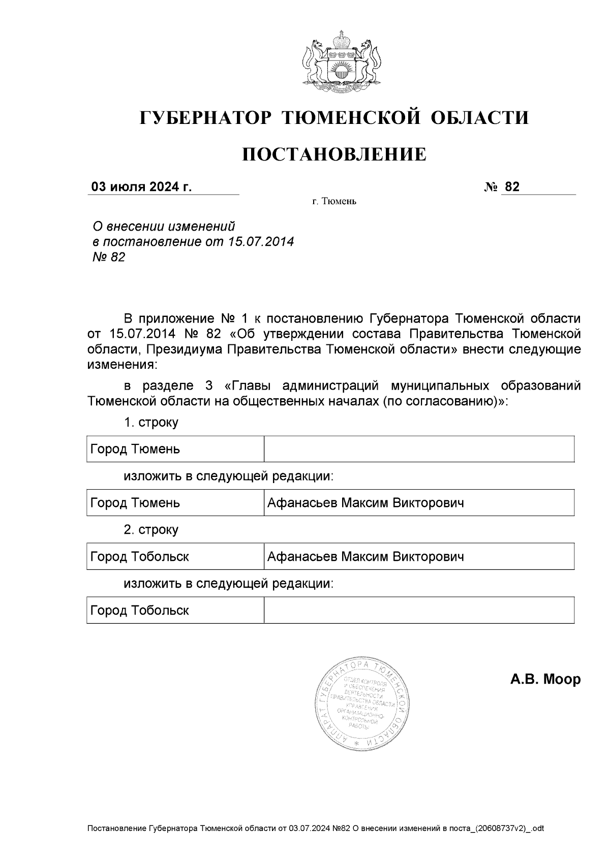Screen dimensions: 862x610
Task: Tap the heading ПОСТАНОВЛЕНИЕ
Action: tap(333, 154)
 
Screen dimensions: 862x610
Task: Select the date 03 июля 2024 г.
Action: tap(141, 187)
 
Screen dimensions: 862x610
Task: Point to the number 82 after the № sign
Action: tap(512, 187)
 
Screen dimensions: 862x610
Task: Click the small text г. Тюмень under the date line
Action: tap(334, 202)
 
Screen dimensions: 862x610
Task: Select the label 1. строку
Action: tap(151, 423)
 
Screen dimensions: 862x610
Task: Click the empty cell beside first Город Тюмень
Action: tap(418, 449)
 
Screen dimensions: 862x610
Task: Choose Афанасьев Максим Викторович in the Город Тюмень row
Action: tap(365, 503)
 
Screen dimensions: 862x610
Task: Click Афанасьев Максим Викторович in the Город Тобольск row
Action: tap(365, 557)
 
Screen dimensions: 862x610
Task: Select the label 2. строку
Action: tap(151, 530)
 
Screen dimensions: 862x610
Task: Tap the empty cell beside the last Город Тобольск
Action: tap(418, 610)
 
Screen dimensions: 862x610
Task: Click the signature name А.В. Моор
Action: tap(545, 679)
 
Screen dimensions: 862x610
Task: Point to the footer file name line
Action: tap(315, 828)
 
